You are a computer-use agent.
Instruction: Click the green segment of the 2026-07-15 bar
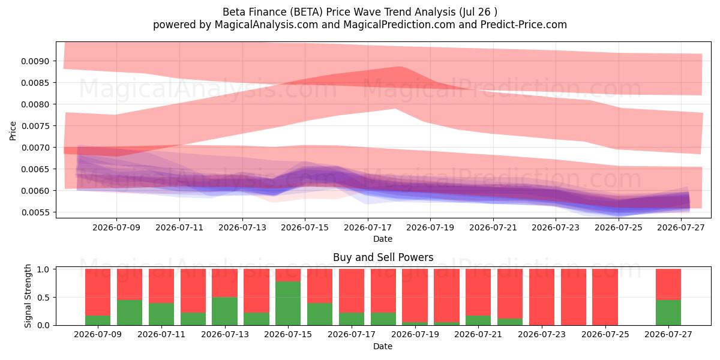288,303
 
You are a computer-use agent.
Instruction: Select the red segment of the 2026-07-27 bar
668,284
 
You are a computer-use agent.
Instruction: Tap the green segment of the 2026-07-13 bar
224,311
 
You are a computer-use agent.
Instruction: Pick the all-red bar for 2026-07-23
542,297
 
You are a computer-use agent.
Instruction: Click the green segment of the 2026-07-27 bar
668,313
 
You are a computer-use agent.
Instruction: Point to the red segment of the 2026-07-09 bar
98,292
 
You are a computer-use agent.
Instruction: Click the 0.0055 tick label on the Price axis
35,212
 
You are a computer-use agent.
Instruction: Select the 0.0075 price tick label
35,126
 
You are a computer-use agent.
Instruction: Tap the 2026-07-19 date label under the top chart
430,227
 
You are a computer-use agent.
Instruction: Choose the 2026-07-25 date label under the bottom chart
605,334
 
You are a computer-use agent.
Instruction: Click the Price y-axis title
13,131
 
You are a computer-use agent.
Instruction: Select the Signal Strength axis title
28,296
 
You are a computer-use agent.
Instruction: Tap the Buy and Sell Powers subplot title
383,257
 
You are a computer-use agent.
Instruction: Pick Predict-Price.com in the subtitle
524,25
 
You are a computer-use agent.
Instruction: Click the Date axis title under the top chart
383,239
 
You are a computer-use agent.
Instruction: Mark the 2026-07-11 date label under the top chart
179,227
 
